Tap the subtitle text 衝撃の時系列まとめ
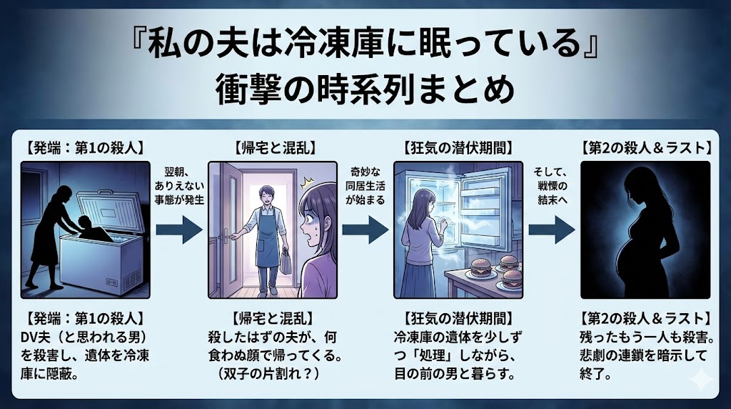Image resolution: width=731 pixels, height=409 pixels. click(x=365, y=90)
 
